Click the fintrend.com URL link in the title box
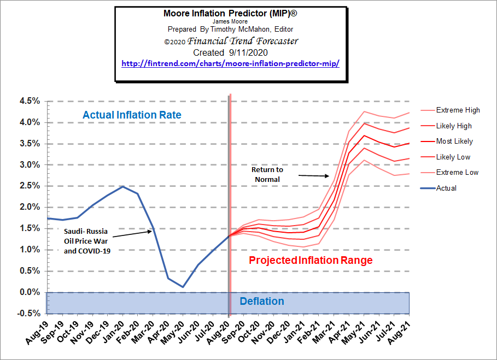[230, 63]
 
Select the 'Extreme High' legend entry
[458, 110]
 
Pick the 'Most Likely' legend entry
[454, 141]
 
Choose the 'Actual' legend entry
[446, 188]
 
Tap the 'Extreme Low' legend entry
[457, 173]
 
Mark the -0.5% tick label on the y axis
[29, 314]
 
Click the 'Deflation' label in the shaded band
[262, 302]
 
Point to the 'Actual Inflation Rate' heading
[132, 115]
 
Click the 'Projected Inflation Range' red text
[311, 261]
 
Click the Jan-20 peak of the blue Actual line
[123, 186]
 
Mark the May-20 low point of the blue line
[183, 287]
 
